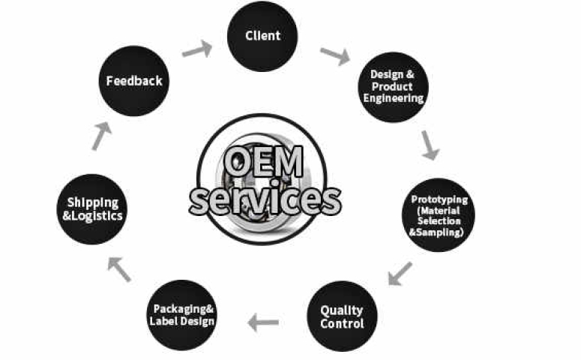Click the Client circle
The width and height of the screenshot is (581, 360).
coord(262,36)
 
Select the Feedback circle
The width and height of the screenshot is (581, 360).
coord(134,81)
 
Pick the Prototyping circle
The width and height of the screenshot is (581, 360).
coord(439,216)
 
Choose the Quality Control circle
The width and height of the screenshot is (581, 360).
coord(342,316)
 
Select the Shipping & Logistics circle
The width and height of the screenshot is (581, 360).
coord(93,208)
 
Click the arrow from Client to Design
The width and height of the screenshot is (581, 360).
coord(334,55)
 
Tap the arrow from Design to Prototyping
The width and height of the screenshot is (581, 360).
coord(430,144)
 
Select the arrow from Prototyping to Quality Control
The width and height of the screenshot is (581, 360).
coord(400,273)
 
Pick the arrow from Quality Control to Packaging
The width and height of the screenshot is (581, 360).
coord(264,323)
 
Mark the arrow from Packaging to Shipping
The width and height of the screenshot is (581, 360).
coord(120,268)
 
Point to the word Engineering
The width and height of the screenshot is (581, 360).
coord(397,98)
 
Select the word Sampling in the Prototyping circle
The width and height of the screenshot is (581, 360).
coord(442,232)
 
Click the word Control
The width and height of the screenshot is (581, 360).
coord(342,324)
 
